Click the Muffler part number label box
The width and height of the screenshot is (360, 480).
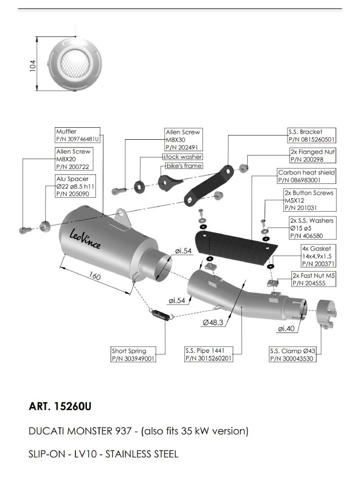point(77,135)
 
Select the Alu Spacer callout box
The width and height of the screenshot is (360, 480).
point(72,186)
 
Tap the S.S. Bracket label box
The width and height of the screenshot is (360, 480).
point(311,135)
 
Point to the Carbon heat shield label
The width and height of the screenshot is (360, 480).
point(306,176)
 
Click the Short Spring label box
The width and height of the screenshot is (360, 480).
point(133,354)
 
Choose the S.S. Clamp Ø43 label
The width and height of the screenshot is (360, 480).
point(295,354)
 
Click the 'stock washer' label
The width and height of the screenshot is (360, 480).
point(182,157)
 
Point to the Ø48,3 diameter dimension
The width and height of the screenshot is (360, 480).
point(213,323)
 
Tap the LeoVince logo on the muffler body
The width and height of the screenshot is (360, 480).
point(85,238)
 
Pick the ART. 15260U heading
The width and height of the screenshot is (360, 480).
point(60,407)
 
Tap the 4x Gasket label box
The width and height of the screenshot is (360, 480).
point(315,256)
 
